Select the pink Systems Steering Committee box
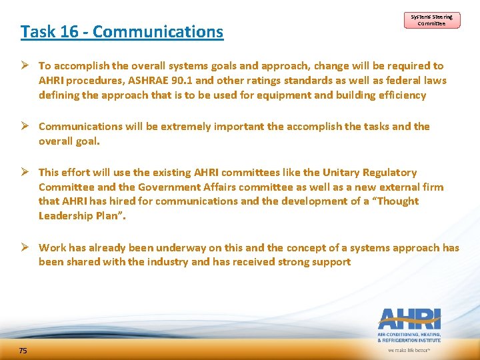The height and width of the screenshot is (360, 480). [x=431, y=20]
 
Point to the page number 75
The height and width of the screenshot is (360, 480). [x=23, y=351]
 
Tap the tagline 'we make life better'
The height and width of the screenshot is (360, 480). [x=409, y=349]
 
